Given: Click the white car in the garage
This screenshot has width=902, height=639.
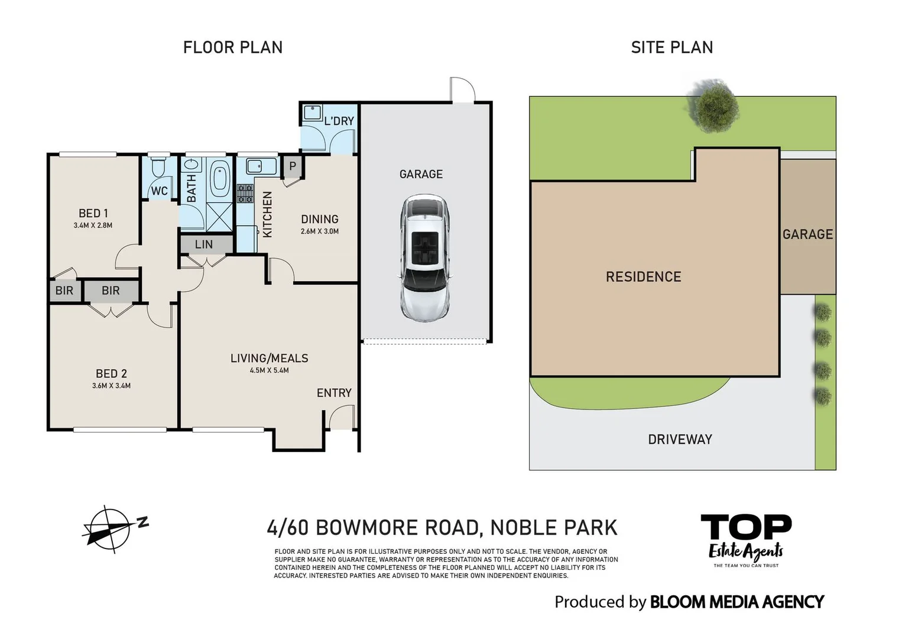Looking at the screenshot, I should click(x=424, y=258).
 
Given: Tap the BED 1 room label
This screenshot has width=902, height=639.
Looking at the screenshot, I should click(x=93, y=214).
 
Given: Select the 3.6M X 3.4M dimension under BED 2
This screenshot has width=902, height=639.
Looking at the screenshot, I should click(x=111, y=386).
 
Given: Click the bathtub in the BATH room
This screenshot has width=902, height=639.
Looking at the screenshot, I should click(x=220, y=178).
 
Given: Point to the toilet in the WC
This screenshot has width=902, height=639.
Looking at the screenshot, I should click(x=158, y=168).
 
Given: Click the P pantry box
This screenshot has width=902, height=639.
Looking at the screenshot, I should click(x=292, y=167).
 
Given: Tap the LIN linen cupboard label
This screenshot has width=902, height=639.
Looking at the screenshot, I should click(x=204, y=244).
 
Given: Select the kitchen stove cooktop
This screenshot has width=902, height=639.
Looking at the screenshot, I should click(x=245, y=193).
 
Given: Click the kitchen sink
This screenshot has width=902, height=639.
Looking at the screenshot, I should click(x=255, y=166).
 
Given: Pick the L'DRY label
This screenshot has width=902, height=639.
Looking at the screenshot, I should click(x=339, y=121).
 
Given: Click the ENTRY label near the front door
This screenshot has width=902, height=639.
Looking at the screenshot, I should click(x=334, y=393).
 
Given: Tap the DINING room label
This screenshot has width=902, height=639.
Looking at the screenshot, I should click(x=319, y=220).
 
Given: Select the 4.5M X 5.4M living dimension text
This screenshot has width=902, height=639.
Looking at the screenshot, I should click(x=269, y=371).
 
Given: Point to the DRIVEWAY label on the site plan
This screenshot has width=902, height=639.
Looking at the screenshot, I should click(x=680, y=440).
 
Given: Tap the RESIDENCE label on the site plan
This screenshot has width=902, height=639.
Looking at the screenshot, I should click(x=643, y=277).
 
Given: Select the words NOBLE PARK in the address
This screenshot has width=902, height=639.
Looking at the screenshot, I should click(x=554, y=527).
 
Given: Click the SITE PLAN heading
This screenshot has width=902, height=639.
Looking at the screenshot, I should click(x=671, y=47).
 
